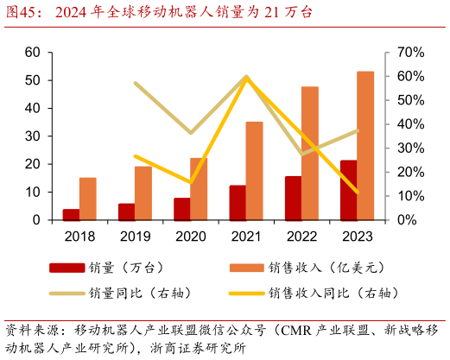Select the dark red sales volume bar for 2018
(71, 214)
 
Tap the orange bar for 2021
(254, 170)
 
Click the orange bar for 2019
(143, 193)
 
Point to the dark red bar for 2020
(181, 209)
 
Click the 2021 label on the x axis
(246, 235)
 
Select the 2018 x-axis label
(79, 235)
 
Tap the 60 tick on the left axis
(33, 53)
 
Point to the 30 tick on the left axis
(33, 136)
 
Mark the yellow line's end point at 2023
(357, 193)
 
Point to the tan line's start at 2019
(135, 84)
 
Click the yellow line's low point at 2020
(190, 182)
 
